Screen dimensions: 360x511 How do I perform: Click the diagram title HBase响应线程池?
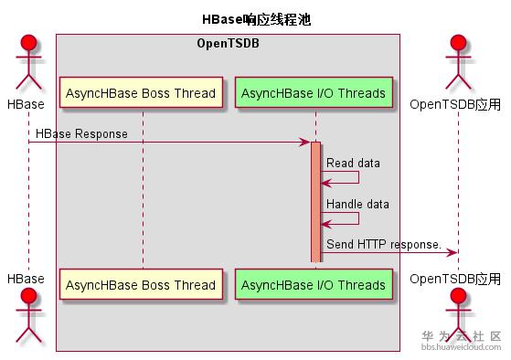(x=255, y=19)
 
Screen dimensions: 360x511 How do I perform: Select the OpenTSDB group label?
(x=227, y=44)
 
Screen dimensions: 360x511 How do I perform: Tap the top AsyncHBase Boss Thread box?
(x=141, y=93)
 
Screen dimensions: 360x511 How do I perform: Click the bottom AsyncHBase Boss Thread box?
(x=141, y=284)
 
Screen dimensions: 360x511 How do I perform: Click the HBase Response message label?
(x=81, y=134)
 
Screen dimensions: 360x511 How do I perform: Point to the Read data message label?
(x=353, y=163)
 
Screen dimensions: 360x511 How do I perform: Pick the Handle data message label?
(x=357, y=204)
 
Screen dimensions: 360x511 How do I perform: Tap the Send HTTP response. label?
(x=383, y=245)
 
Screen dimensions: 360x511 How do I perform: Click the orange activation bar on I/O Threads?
(x=315, y=201)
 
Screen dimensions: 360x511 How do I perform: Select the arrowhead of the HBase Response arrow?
(x=305, y=143)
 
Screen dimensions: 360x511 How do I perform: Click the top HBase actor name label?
(x=26, y=104)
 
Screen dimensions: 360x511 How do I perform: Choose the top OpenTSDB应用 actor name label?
(x=455, y=104)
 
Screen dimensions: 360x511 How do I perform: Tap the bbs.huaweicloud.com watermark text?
(x=462, y=347)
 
